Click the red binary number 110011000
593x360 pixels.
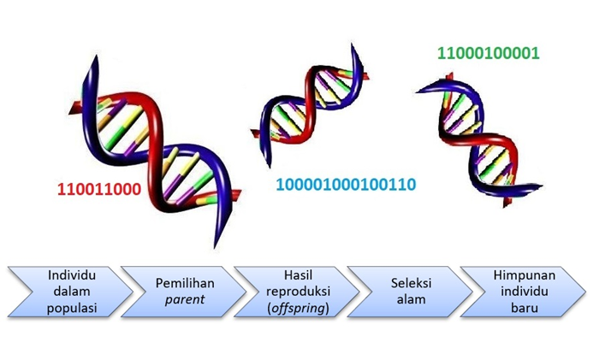click(99, 187)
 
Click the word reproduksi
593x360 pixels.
click(291, 292)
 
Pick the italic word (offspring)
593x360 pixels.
click(291, 308)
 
